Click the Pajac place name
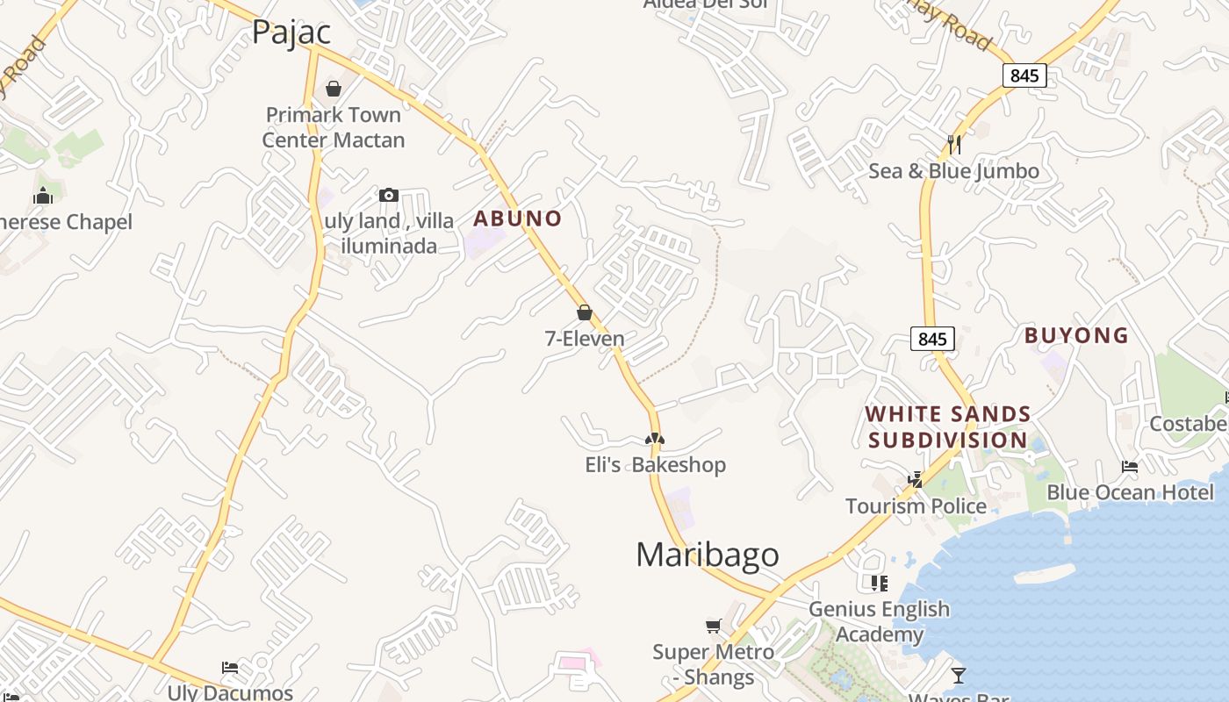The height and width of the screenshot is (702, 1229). [291, 32]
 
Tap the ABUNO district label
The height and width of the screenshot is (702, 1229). [517, 218]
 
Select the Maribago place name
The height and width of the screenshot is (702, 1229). [707, 555]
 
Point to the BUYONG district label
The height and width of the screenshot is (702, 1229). [1076, 335]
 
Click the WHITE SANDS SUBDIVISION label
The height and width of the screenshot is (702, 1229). [948, 426]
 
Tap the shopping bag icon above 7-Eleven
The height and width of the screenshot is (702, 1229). [585, 312]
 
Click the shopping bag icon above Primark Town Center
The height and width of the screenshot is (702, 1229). [334, 89]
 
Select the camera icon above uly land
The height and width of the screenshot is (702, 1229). [389, 195]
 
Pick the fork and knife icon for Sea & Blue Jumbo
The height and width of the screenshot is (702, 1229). [954, 145]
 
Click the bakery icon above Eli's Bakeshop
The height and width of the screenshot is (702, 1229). [655, 439]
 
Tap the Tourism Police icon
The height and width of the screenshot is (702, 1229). [916, 480]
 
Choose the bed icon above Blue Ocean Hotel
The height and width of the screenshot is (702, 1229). [1130, 467]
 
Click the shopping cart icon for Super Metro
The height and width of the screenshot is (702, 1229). [714, 626]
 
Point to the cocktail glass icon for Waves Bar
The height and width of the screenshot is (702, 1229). [958, 675]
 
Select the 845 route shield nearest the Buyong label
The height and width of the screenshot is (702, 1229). [932, 339]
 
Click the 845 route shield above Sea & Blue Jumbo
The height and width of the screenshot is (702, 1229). [1024, 75]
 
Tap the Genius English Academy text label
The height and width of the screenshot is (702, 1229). [879, 621]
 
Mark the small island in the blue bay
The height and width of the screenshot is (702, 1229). [1044, 575]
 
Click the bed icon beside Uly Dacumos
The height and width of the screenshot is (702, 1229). [230, 668]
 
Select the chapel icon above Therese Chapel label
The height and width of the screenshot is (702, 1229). [43, 196]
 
